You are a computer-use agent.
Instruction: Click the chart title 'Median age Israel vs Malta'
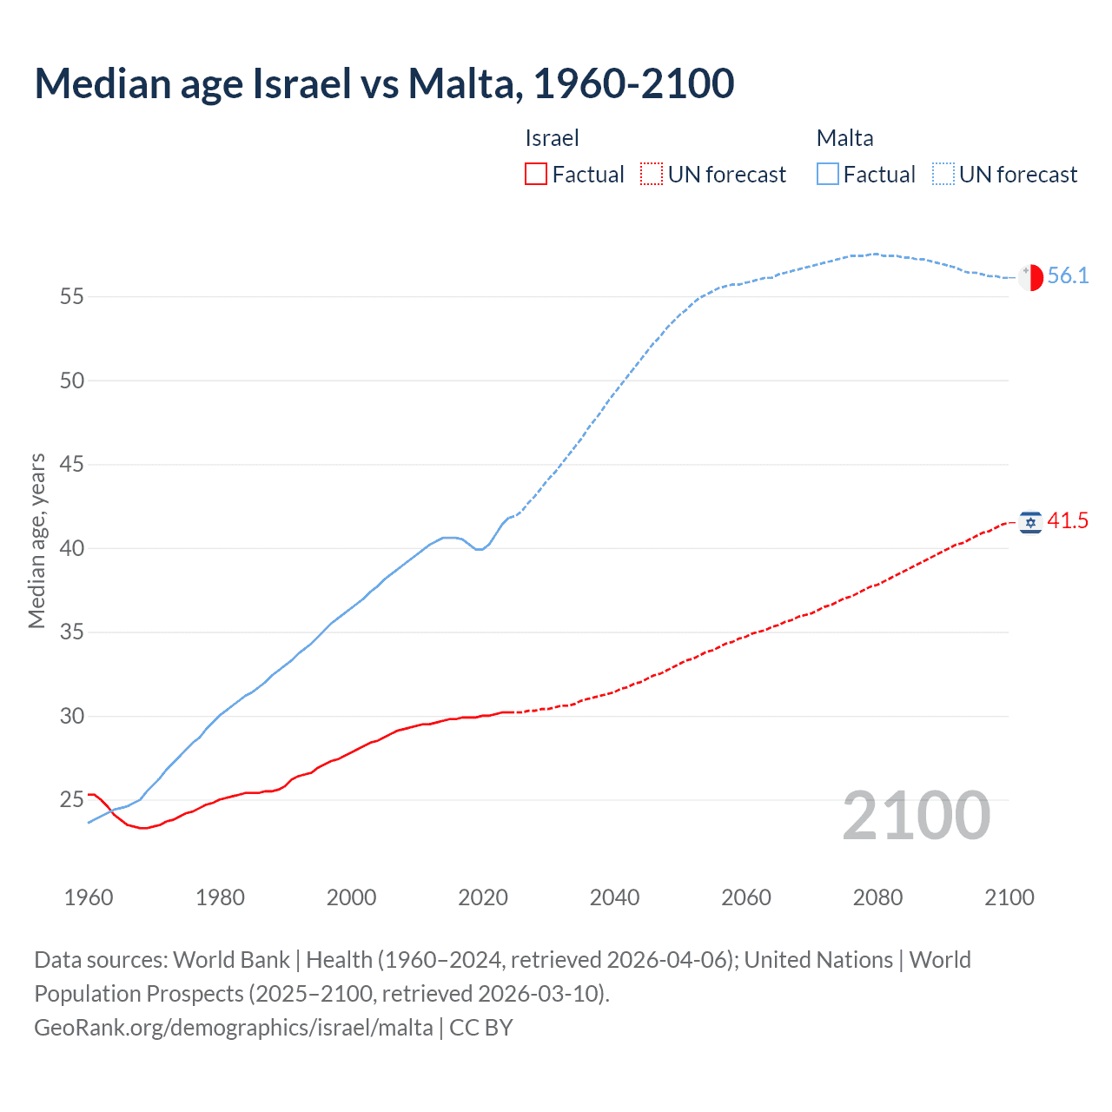coord(384,84)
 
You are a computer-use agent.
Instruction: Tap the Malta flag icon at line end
coord(1030,277)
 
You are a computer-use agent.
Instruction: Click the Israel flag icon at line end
coord(1030,522)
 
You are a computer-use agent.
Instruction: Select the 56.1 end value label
coord(1068,276)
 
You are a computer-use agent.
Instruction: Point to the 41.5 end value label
coord(1068,521)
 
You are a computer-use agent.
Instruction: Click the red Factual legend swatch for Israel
coord(536,175)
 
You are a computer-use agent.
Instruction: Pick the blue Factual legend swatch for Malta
coord(827,175)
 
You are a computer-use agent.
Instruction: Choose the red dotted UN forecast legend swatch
coord(652,175)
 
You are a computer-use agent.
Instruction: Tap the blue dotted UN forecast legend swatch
coord(943,175)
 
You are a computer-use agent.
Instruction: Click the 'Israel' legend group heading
coord(552,138)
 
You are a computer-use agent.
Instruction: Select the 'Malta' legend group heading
coord(844,138)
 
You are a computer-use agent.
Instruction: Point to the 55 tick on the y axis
coord(71,297)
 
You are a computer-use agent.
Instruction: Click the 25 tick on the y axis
coord(71,800)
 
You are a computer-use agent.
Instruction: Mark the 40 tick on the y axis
coord(71,549)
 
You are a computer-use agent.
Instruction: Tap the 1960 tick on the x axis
coord(89,897)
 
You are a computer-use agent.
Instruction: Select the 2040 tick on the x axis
coord(614,897)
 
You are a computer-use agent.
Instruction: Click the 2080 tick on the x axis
coord(877,897)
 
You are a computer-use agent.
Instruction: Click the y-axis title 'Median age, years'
coord(36,540)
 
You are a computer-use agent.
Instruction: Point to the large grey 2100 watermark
coord(917,816)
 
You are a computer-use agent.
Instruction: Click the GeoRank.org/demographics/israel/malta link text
coord(233,1028)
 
